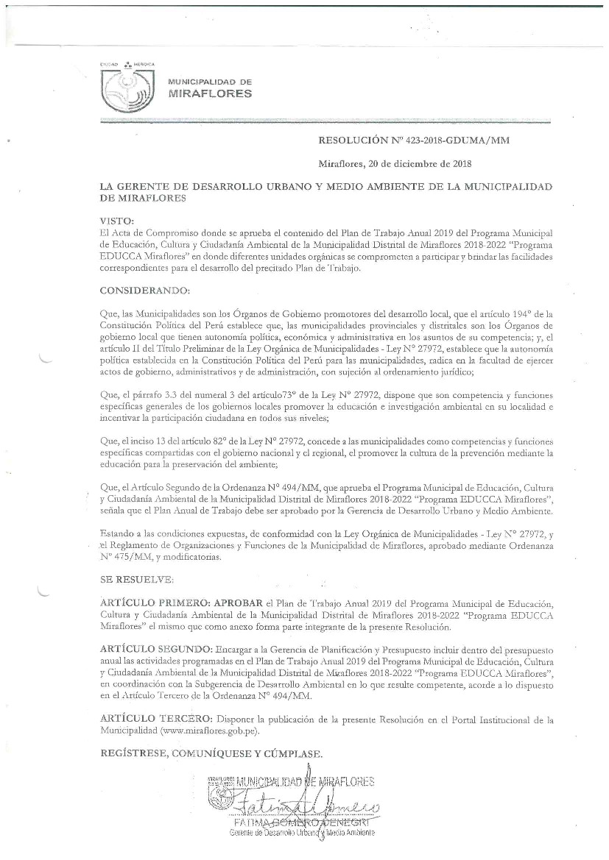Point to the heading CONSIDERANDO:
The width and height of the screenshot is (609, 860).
coord(145,290)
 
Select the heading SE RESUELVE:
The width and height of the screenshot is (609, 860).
coord(136,580)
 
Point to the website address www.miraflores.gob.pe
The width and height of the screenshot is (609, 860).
coord(210,731)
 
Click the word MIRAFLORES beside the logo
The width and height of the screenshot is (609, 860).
coord(210,94)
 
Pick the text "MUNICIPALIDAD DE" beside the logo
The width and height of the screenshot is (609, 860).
coord(210,81)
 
